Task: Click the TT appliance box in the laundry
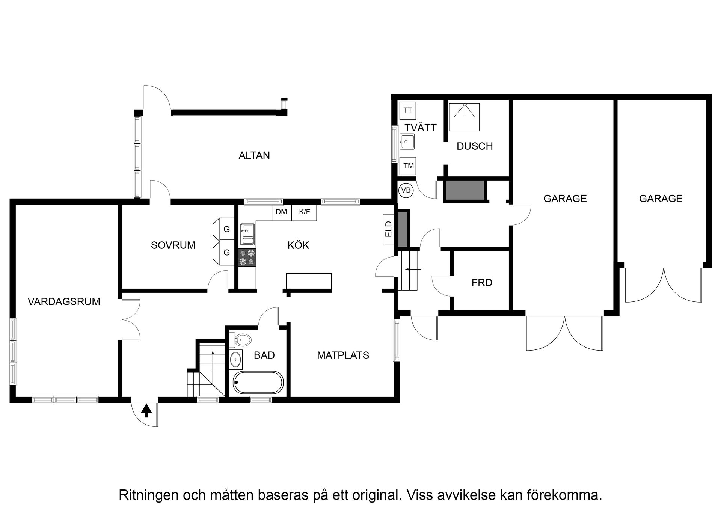coord(408,110)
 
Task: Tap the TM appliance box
coord(408,166)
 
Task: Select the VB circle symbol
coord(406,190)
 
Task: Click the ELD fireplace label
coord(389,229)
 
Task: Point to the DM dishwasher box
coord(282,212)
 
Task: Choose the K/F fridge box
coord(305,212)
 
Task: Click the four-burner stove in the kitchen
coord(247,258)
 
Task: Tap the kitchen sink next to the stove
coord(247,234)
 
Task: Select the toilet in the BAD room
coord(242,341)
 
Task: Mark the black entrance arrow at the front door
coord(146,411)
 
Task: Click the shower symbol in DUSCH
coord(465,117)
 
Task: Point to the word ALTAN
coord(254,155)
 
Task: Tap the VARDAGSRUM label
coord(64,301)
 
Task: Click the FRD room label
coord(481,283)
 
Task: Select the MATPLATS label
coord(343,355)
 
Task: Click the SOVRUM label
coord(173,245)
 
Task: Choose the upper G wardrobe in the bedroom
coord(226,229)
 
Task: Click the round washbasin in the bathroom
coord(235,360)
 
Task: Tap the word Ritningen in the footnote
coord(148,495)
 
